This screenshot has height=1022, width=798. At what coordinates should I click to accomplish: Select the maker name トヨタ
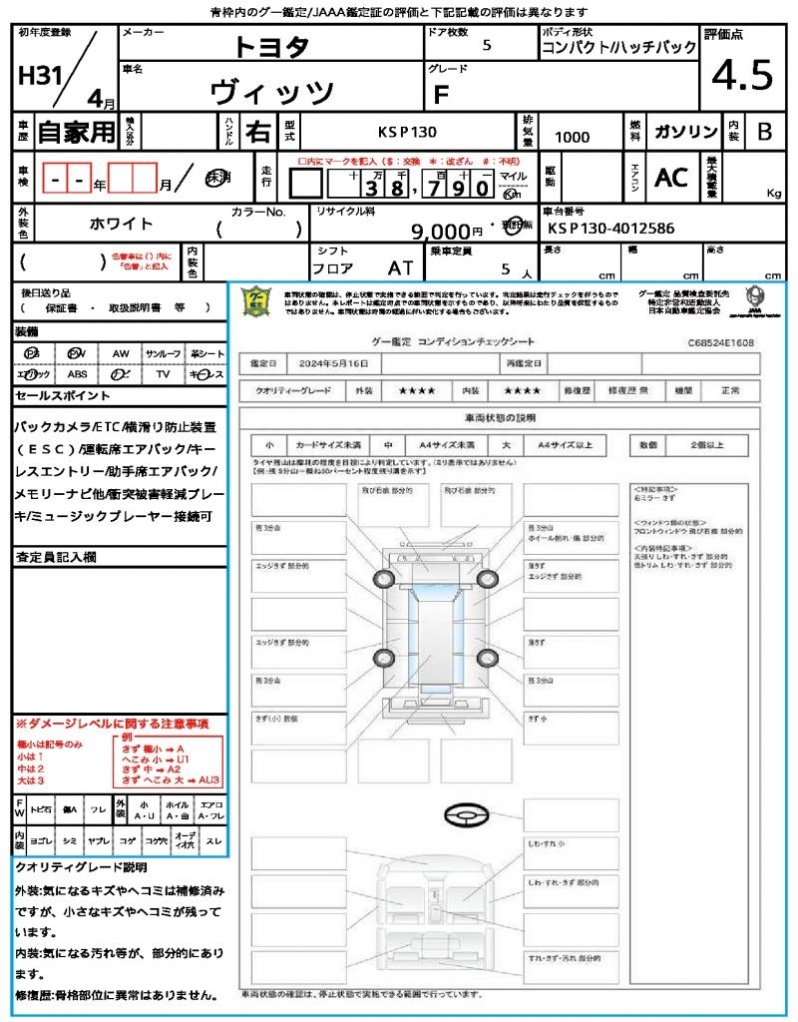click(x=271, y=46)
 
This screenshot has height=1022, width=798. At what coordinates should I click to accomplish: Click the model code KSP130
click(x=406, y=132)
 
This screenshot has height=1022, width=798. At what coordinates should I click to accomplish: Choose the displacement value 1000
click(x=572, y=137)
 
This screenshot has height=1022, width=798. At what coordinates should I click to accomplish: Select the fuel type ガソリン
click(x=683, y=132)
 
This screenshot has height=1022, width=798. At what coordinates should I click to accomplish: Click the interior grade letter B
click(x=764, y=132)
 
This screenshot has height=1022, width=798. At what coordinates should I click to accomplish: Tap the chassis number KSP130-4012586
click(x=610, y=229)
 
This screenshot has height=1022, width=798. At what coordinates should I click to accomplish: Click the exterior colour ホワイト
click(x=122, y=224)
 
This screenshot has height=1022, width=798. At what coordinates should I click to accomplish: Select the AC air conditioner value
click(x=671, y=177)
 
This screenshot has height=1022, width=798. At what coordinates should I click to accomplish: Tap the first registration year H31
click(x=38, y=76)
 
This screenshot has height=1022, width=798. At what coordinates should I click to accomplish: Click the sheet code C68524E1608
click(x=720, y=342)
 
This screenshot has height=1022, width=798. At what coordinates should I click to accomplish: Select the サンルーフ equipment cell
click(x=164, y=353)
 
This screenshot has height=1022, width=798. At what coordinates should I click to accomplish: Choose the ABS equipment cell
click(x=77, y=374)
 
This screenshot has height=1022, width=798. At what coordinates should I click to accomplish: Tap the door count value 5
click(x=486, y=45)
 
